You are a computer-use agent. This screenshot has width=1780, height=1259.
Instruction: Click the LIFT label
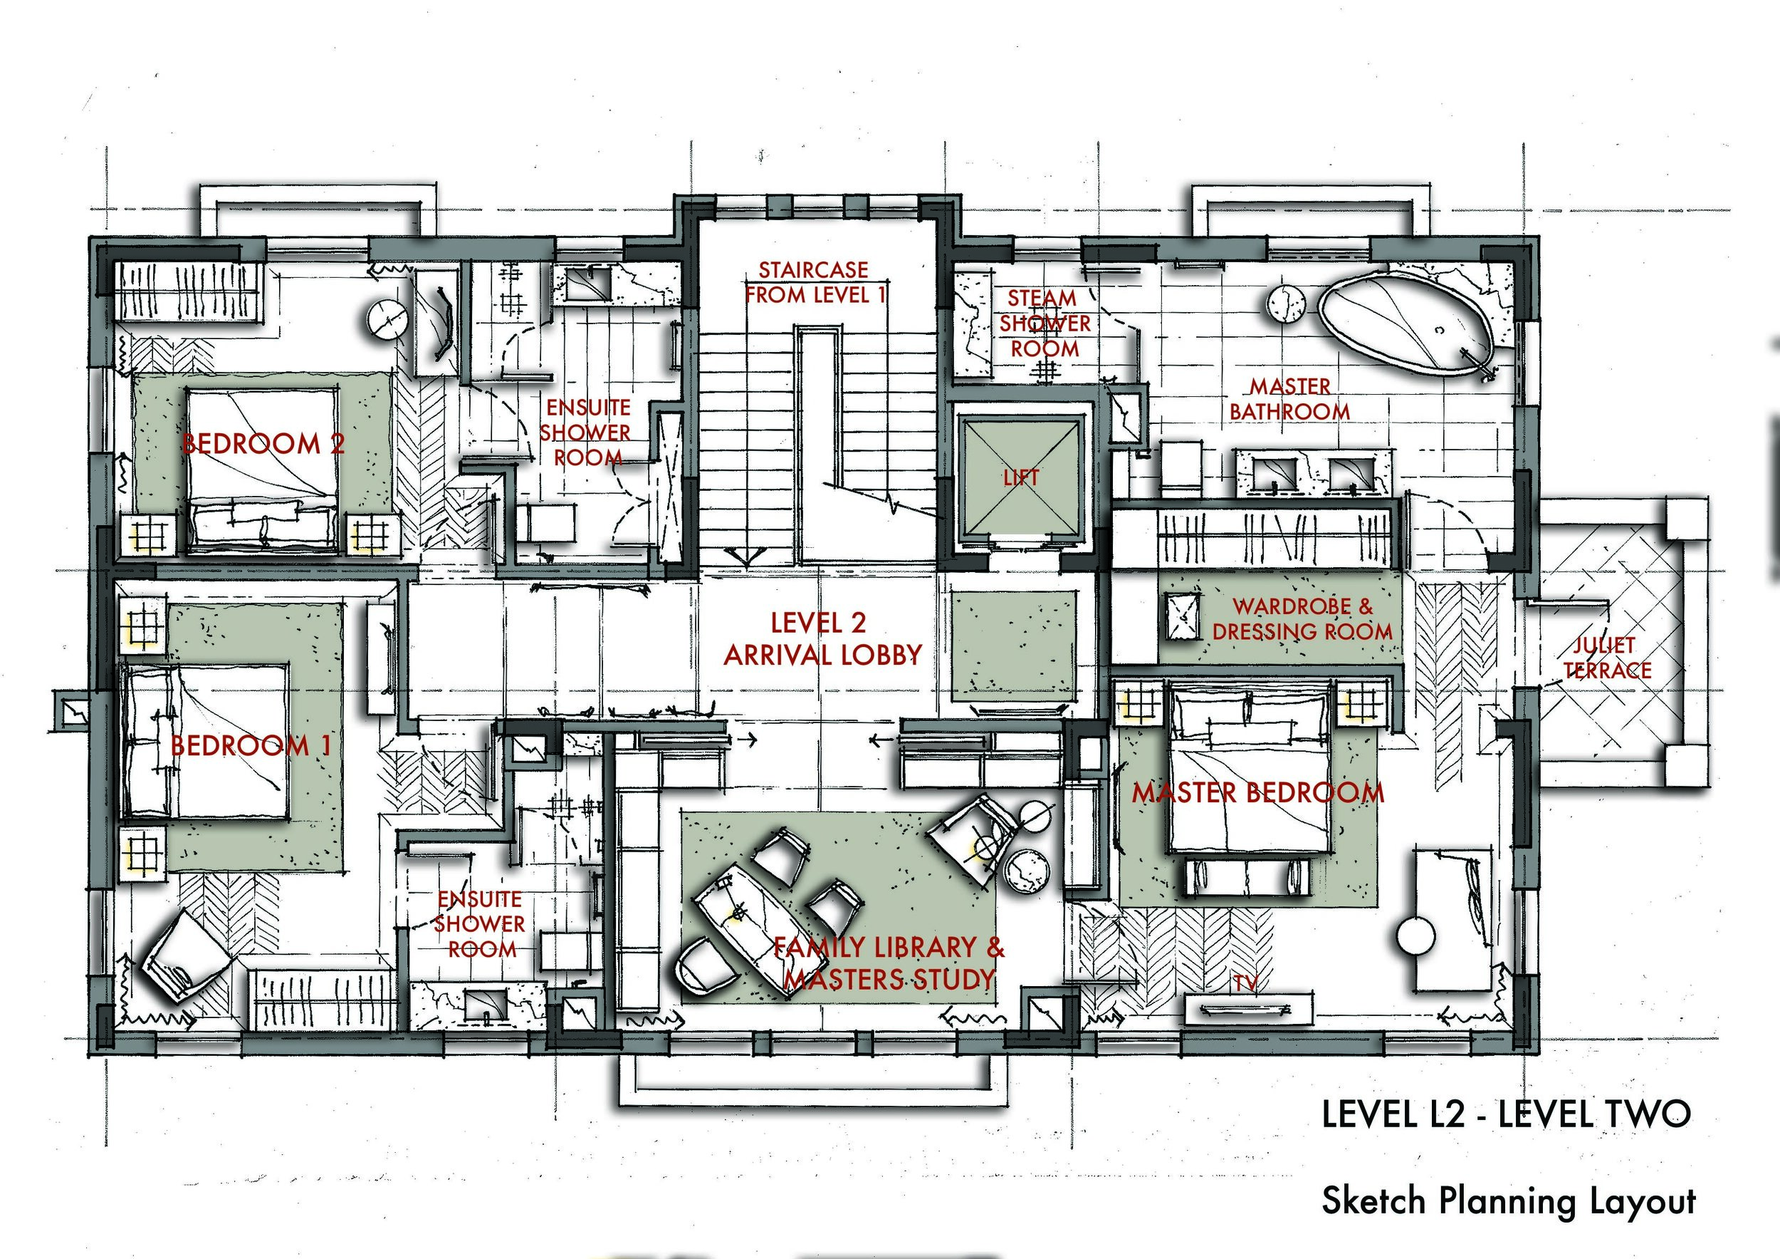1020,478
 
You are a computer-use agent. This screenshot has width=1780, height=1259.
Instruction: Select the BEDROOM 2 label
263,444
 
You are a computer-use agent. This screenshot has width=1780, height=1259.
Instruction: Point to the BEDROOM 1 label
251,745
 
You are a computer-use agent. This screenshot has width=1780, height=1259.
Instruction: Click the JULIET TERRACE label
1606,657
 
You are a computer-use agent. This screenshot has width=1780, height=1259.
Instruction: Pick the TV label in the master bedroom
1245,984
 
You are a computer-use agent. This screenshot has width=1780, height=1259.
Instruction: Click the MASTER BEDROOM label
1257,793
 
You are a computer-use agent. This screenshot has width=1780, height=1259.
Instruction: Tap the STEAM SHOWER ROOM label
1045,323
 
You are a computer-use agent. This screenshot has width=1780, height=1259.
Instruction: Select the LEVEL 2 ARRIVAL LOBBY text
822,639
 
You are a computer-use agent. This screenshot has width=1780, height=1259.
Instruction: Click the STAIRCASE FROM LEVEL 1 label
814,282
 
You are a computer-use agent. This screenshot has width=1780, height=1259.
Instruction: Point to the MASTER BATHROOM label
1289,399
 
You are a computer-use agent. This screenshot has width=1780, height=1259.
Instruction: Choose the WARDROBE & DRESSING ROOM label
1302,618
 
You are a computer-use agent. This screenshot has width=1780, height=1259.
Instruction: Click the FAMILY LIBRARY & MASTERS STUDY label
889,963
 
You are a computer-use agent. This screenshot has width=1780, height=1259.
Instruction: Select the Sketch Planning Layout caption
1509,1201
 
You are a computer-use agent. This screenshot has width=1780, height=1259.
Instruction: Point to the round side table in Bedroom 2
386,318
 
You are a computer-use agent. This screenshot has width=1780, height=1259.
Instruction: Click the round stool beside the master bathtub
1287,304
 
